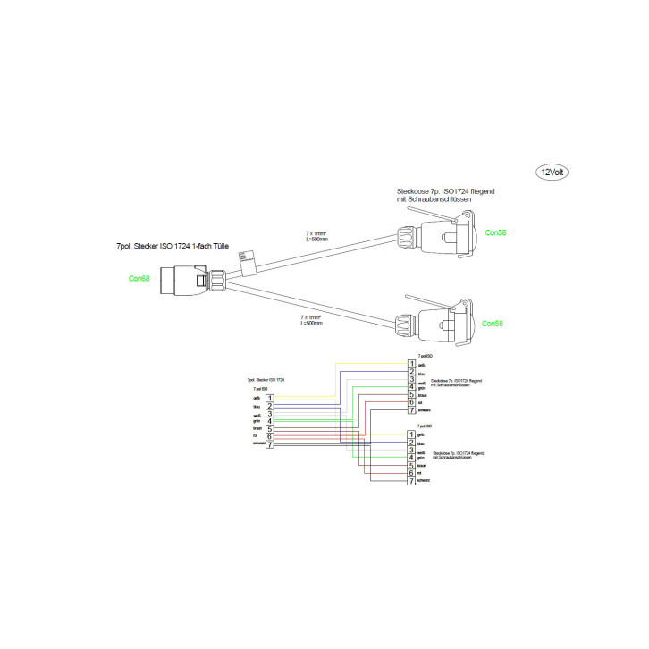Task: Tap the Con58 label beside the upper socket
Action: coord(494,232)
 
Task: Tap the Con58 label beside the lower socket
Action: coord(493,324)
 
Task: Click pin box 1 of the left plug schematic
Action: coord(269,397)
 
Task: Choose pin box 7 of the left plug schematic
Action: coord(269,444)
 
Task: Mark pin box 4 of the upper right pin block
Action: coord(411,386)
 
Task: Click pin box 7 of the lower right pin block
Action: coord(411,482)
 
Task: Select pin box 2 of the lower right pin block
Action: coord(411,442)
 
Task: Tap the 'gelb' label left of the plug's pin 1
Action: coord(257,398)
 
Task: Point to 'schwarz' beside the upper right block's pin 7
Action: coord(426,410)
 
